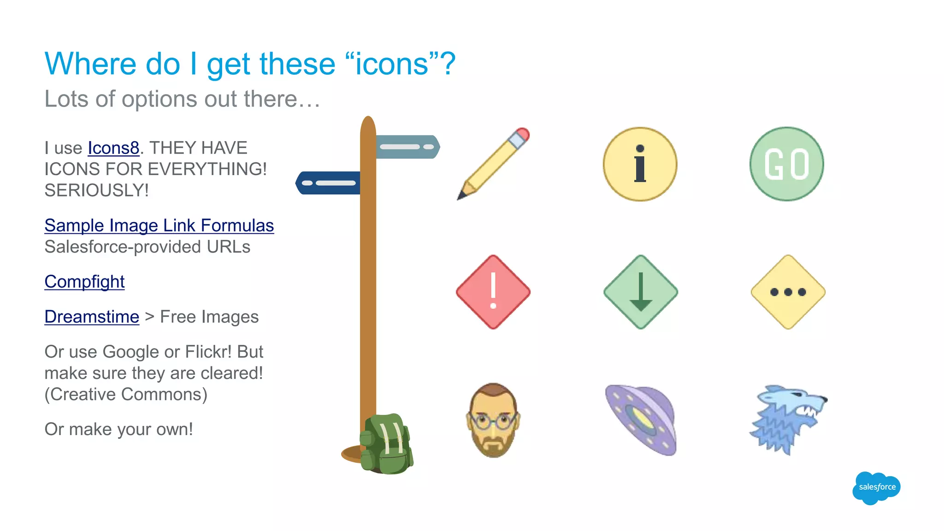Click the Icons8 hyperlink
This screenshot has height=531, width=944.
pyautogui.click(x=113, y=148)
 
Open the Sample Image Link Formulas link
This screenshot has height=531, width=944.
pyautogui.click(x=159, y=225)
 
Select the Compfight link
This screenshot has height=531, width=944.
pyautogui.click(x=84, y=282)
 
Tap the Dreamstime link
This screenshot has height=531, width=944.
pyautogui.click(x=92, y=317)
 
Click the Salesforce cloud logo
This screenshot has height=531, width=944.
pyautogui.click(x=876, y=487)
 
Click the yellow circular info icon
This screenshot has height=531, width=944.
pyautogui.click(x=640, y=164)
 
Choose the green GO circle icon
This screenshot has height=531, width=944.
pyautogui.click(x=786, y=164)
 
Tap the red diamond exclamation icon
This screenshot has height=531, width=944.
pyautogui.click(x=493, y=292)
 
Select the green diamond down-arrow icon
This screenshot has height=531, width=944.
pyautogui.click(x=640, y=292)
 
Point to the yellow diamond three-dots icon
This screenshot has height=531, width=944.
pyautogui.click(x=788, y=292)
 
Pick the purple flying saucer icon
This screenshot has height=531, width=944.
pyautogui.click(x=641, y=419)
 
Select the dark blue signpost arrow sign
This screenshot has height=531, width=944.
pyautogui.click(x=328, y=183)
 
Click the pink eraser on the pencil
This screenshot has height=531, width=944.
pyautogui.click(x=522, y=135)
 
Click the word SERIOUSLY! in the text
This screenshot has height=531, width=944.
pyautogui.click(x=96, y=190)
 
